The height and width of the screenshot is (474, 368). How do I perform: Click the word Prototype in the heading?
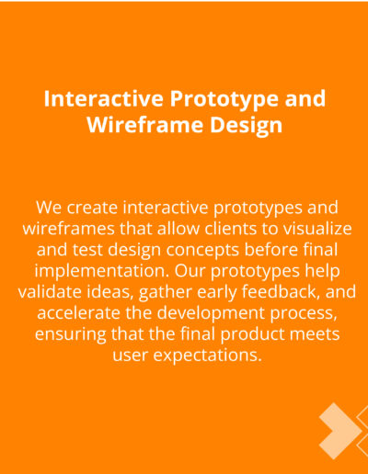pos(224,100)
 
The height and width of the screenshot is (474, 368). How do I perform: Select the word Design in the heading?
pos(247,126)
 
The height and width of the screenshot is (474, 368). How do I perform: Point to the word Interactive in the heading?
pos(103,98)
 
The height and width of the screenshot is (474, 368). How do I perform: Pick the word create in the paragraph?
pos(92,208)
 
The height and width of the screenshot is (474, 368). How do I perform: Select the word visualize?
pos(316,229)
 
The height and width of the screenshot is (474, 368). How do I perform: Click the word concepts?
pos(202,251)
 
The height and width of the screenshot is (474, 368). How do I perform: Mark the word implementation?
pos(102,272)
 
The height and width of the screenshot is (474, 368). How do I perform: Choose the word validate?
pos(50,292)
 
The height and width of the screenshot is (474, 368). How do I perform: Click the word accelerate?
pos(78,313)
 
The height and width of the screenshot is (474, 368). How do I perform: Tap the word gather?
pos(165,293)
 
